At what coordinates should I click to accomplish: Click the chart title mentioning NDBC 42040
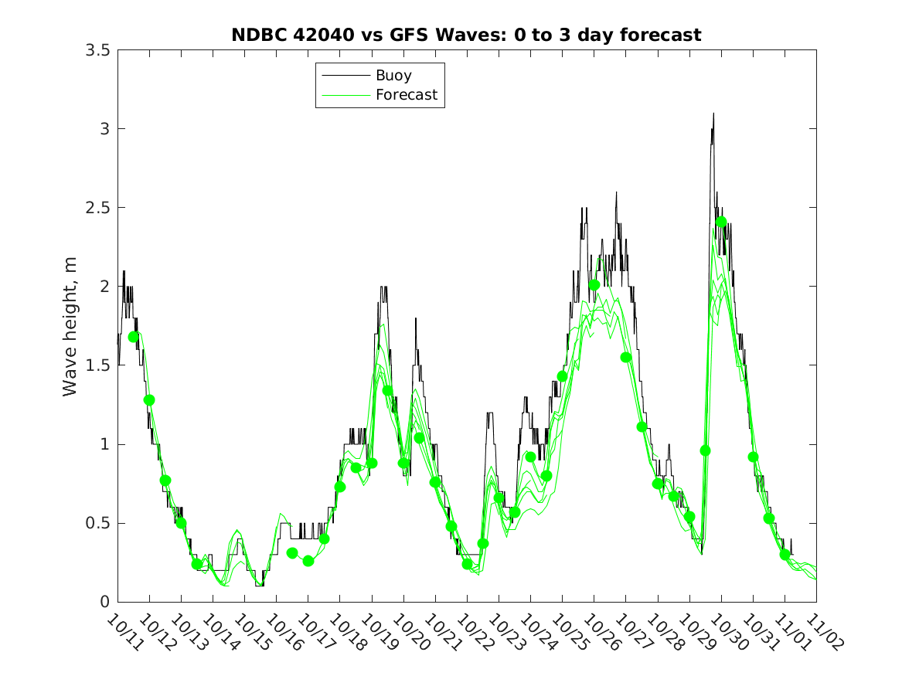(466, 35)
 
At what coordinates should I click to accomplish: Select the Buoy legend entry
(393, 76)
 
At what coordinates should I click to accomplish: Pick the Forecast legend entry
(407, 95)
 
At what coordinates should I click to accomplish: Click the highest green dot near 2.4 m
(721, 223)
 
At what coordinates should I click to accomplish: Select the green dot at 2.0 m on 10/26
(594, 285)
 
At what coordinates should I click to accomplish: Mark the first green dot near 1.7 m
(134, 337)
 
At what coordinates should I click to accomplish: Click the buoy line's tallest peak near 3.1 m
(713, 114)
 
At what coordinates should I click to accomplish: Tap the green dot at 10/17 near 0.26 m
(308, 561)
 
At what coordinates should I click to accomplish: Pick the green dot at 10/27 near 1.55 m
(625, 357)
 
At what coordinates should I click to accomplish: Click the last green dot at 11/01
(785, 555)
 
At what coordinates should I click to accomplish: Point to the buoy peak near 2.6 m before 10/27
(616, 192)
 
